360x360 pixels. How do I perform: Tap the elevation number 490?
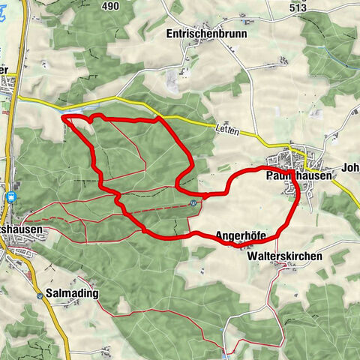pos(111,6)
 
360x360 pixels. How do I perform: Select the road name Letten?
pos(228,130)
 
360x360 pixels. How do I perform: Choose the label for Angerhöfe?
pos(240,235)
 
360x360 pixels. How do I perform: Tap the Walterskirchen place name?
pos(284,256)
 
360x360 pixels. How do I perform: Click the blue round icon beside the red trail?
pos(193,202)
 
